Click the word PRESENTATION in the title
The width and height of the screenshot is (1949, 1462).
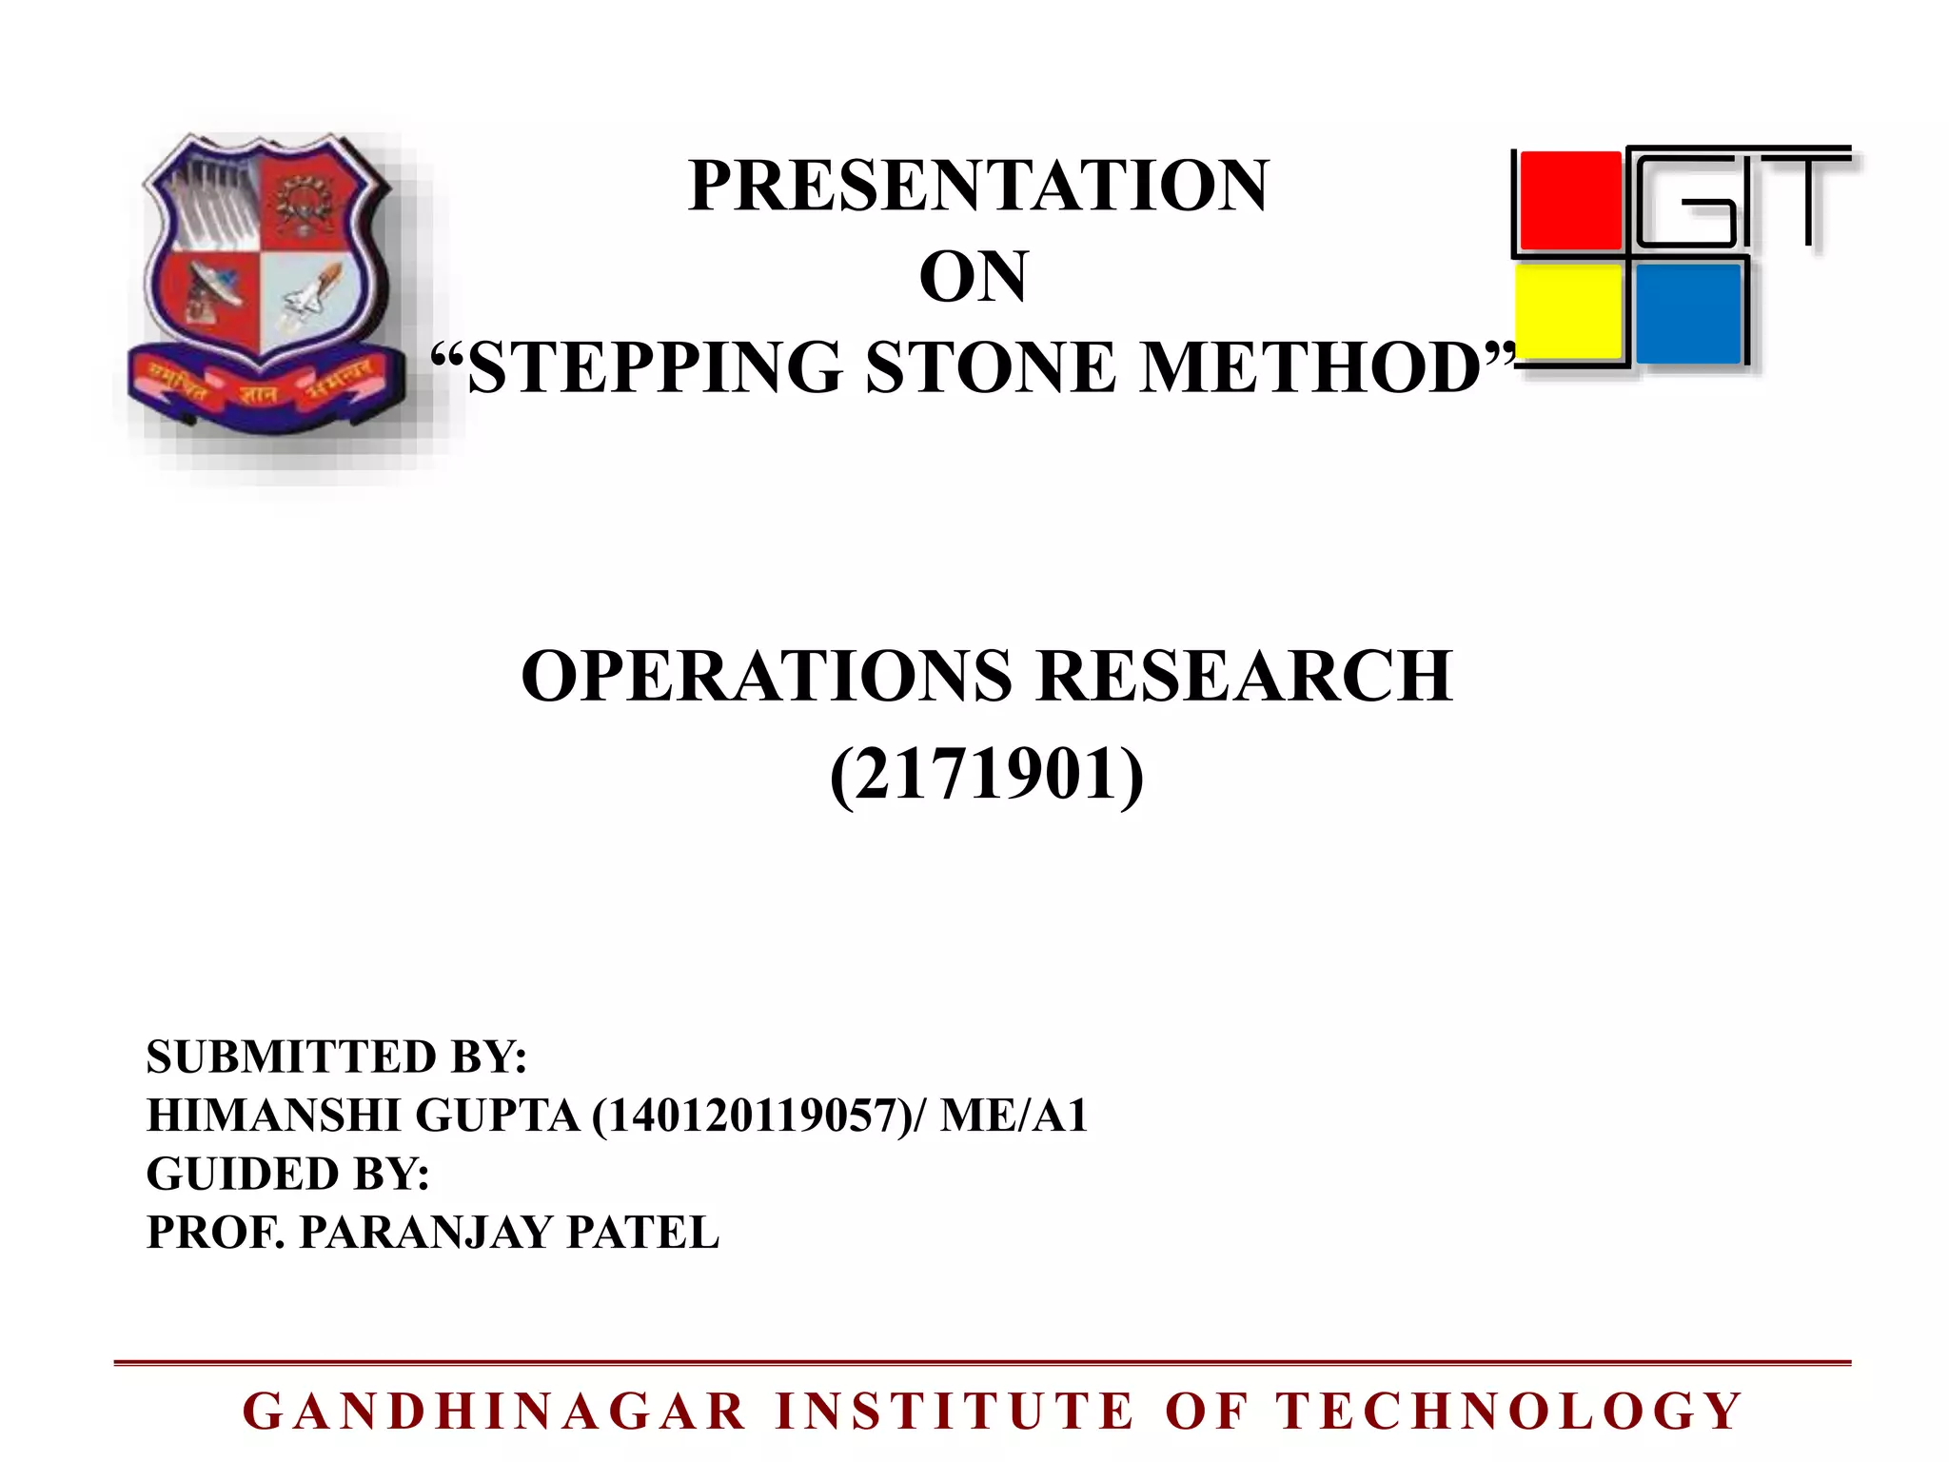pyautogui.click(x=978, y=186)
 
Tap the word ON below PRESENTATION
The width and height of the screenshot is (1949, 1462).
pyautogui.click(x=973, y=277)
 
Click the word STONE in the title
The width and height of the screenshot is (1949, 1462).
pyautogui.click(x=990, y=367)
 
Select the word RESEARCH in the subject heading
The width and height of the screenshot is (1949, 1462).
pyautogui.click(x=1244, y=676)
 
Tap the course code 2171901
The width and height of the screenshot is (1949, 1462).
pyautogui.click(x=986, y=774)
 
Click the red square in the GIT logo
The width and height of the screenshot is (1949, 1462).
pyautogui.click(x=1569, y=201)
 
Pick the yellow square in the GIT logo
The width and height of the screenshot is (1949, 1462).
pyautogui.click(x=1569, y=313)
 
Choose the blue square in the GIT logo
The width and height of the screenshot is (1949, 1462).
pyautogui.click(x=1688, y=313)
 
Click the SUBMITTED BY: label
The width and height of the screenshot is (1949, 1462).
pyautogui.click(x=336, y=1057)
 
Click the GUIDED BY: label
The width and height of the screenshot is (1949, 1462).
pyautogui.click(x=287, y=1174)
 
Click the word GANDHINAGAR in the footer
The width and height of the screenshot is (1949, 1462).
pyautogui.click(x=495, y=1412)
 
